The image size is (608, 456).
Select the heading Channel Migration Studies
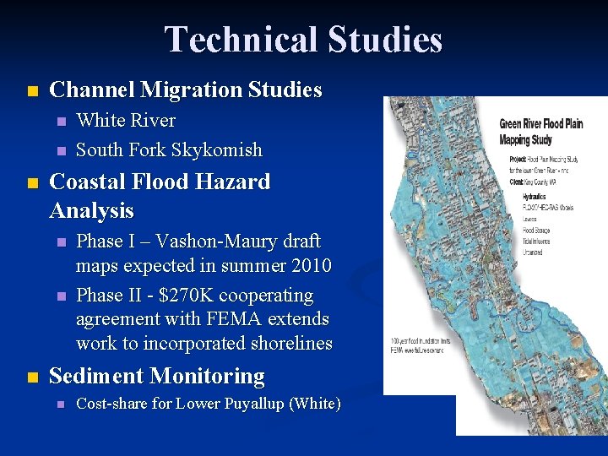[186, 90]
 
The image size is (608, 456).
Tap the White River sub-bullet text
[126, 121]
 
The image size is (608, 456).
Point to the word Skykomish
[217, 150]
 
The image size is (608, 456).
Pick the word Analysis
[92, 209]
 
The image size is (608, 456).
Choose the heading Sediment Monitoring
[157, 376]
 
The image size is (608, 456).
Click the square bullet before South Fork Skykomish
[58, 150]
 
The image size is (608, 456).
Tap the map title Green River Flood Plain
[540, 124]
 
